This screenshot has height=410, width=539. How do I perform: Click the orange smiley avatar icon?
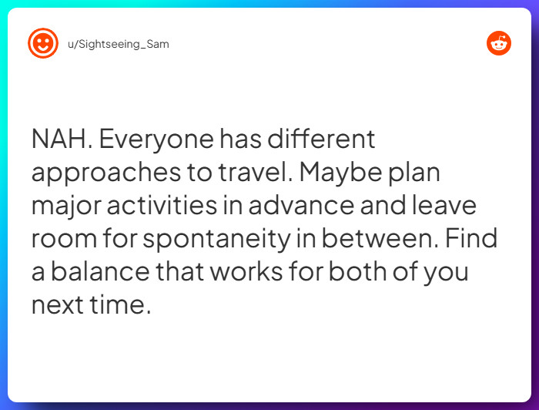click(43, 44)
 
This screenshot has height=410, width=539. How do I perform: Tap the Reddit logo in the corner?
click(499, 44)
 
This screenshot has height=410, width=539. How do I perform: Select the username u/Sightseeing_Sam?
click(118, 44)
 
